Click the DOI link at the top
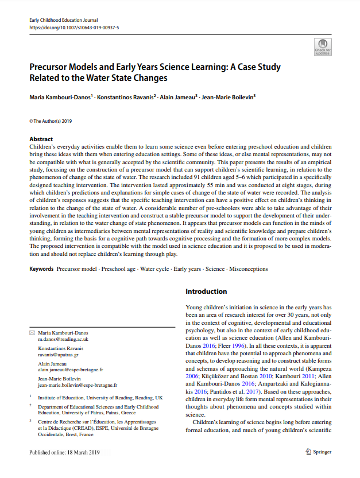[74, 27]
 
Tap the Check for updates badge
[323, 46]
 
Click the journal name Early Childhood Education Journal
[64, 20]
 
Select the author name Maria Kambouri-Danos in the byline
[60, 97]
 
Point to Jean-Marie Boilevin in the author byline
[228, 97]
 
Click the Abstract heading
[41, 139]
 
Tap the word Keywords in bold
[41, 269]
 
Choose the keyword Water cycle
[154, 269]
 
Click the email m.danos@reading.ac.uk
[63, 340]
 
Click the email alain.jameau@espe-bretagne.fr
[71, 370]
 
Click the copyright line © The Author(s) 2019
[51, 121]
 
